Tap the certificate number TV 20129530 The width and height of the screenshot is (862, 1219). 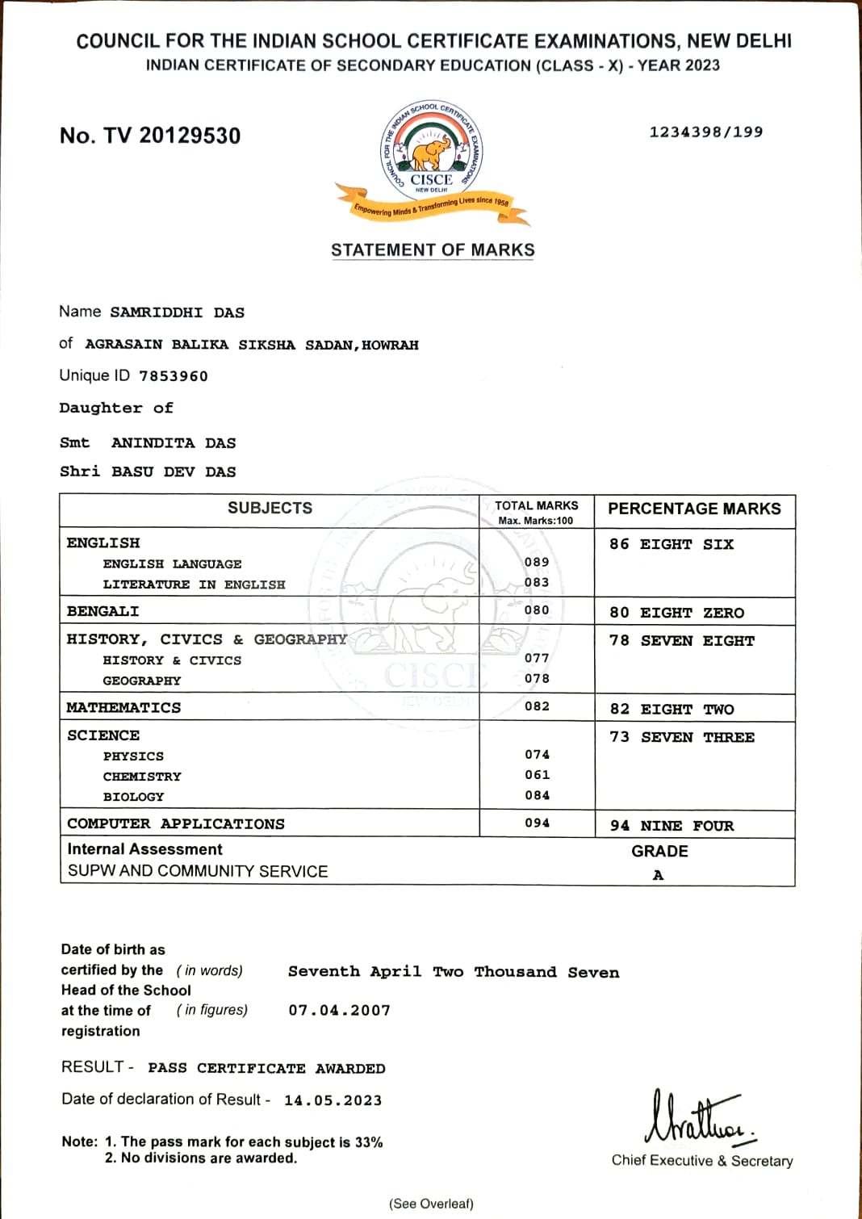150,136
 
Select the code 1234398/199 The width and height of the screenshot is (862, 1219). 705,132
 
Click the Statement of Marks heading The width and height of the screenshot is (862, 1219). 433,250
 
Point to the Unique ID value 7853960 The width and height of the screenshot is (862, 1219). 174,376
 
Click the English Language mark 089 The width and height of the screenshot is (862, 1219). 537,562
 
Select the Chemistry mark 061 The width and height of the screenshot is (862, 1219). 537,775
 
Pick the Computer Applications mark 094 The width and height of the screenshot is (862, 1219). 537,823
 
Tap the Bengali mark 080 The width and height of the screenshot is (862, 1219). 537,610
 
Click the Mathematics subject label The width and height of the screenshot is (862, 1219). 123,708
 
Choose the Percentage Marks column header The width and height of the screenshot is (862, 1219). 694,509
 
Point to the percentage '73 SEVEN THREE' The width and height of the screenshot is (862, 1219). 682,738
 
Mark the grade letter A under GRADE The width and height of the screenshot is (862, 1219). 659,875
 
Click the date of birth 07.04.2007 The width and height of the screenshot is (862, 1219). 339,1011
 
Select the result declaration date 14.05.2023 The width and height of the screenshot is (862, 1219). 333,1100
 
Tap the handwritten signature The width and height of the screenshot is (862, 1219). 699,1119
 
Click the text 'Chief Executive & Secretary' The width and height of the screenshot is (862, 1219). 702,1161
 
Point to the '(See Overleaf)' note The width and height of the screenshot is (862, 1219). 431,1204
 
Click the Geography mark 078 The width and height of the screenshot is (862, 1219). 537,679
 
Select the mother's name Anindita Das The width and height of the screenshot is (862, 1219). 174,443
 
